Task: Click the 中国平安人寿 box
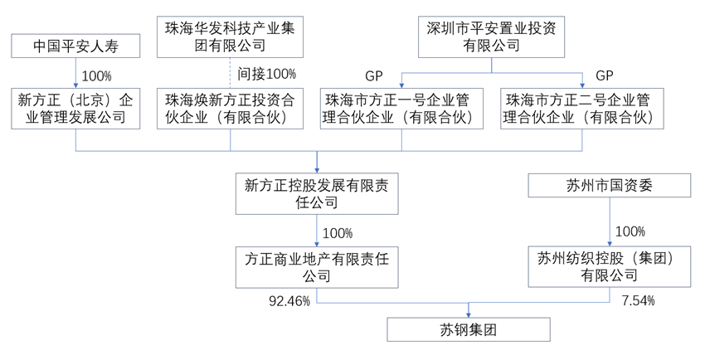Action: pos(76,46)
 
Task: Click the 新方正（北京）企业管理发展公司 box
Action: pos(76,109)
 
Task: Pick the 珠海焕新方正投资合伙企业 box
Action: pos(231,109)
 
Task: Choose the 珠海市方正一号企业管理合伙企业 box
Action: pos(402,109)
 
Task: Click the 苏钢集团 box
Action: pos(469,330)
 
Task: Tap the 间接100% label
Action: pos(266,74)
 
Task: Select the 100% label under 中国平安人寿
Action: pos(97,75)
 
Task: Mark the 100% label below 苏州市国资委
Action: pos(630,231)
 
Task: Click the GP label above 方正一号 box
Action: pos(373,74)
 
